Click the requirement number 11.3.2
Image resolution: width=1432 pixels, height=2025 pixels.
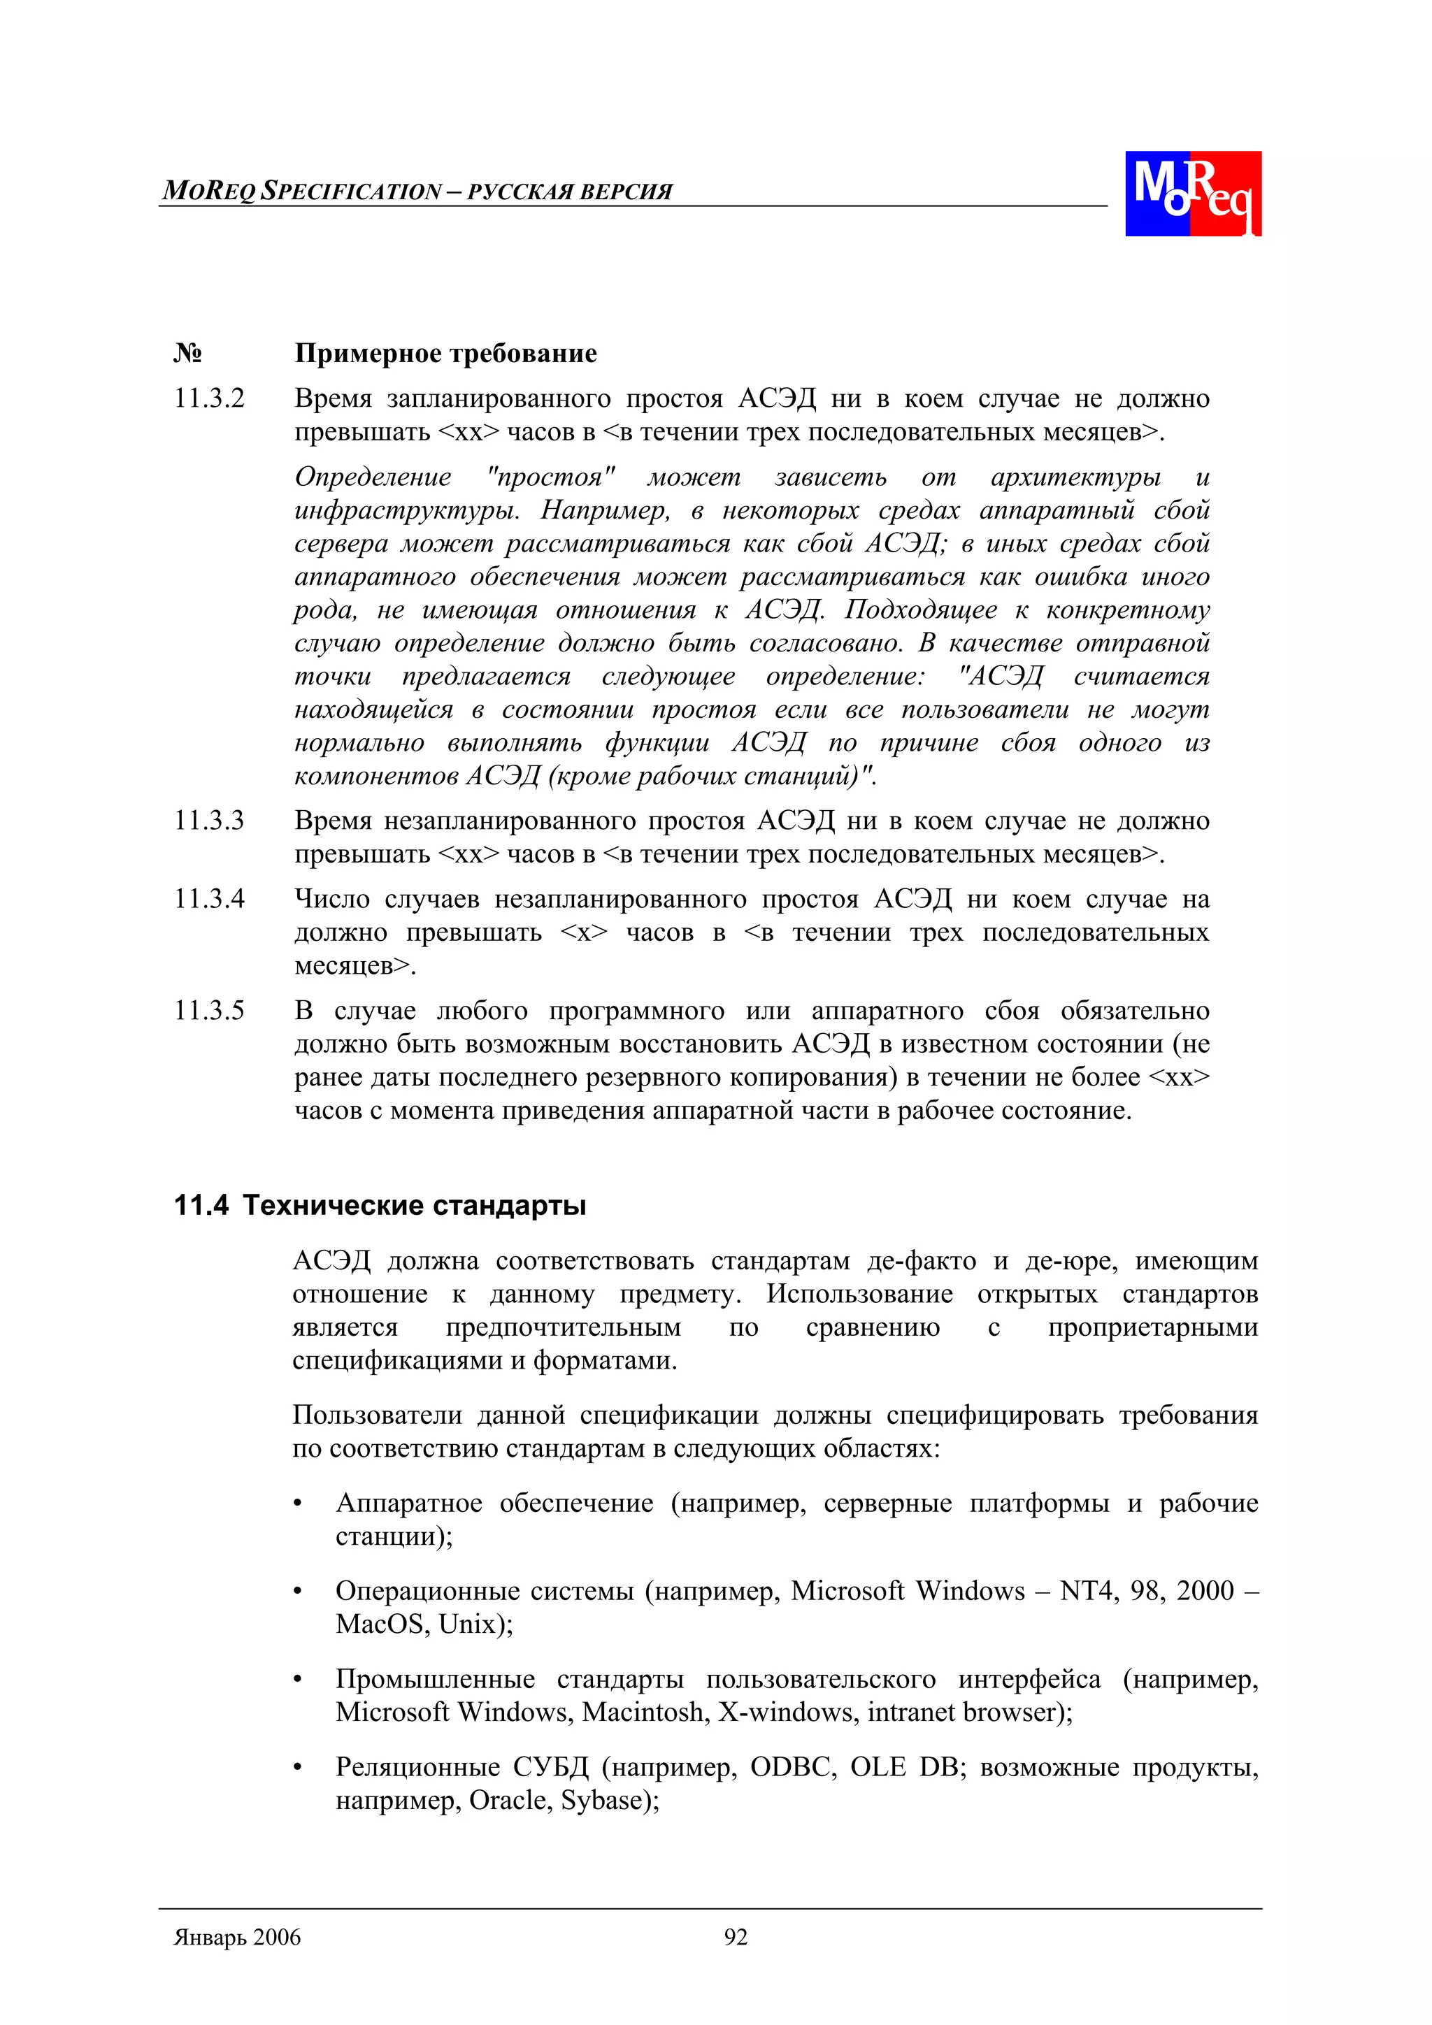(209, 398)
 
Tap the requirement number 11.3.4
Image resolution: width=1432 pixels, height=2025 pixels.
(209, 899)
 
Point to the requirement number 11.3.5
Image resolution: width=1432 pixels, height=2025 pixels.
(209, 1010)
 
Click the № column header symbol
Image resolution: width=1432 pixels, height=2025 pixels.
(187, 354)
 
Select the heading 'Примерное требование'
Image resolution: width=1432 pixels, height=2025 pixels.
(445, 354)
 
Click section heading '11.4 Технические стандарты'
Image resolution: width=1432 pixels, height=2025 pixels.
(380, 1205)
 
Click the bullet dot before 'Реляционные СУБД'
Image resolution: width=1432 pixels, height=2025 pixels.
(299, 1768)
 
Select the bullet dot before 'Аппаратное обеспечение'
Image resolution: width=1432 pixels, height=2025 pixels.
(299, 1504)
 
